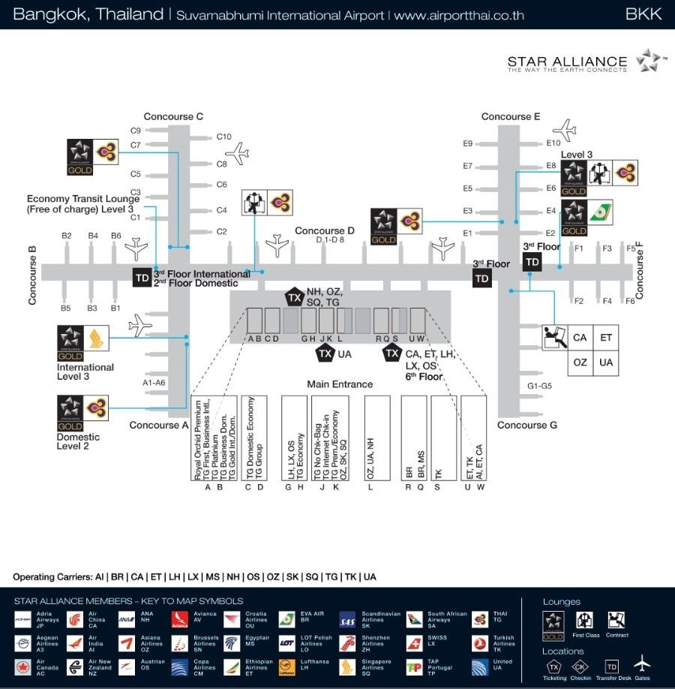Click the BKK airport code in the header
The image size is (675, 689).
(643, 14)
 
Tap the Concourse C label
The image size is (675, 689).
(173, 116)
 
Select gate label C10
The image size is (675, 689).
(223, 137)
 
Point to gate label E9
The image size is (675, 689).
(467, 143)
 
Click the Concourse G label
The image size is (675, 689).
(527, 425)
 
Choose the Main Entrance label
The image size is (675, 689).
(340, 384)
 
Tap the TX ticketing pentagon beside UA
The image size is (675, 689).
(325, 354)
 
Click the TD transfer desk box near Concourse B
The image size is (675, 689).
(142, 277)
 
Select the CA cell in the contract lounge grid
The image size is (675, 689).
(580, 338)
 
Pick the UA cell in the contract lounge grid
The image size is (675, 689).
(606, 362)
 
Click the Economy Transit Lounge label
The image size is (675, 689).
(80, 204)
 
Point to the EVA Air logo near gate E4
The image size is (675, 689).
(599, 211)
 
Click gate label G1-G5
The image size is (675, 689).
(539, 386)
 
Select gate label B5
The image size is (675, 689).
(65, 308)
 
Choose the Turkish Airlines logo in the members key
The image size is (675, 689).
(481, 643)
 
